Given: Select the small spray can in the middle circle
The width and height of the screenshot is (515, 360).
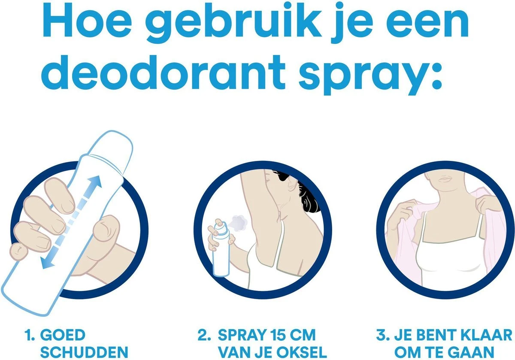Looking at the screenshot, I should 220,249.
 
